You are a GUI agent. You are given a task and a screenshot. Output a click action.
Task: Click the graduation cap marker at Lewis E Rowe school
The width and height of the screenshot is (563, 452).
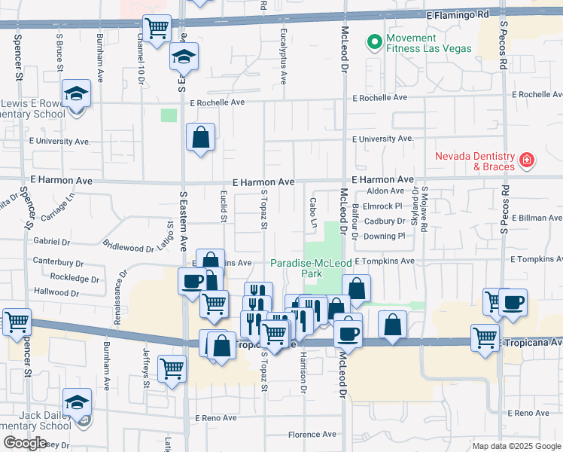[x=76, y=94]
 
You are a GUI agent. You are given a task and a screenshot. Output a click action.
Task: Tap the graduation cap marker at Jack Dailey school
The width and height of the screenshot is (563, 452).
[x=77, y=403]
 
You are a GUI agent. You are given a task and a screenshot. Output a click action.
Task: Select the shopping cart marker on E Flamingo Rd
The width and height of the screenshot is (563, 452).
[x=157, y=29]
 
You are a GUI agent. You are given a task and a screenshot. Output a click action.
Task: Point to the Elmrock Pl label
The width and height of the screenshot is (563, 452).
[x=384, y=206]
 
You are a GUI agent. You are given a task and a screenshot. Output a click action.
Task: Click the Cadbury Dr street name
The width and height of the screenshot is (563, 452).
[x=385, y=221]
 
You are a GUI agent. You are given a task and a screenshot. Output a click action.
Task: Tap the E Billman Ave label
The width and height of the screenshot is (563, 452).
[x=536, y=218]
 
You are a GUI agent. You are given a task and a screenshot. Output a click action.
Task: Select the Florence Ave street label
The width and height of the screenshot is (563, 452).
[x=312, y=435]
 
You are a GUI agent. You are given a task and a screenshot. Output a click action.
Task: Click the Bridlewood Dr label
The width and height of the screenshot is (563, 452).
[x=127, y=246]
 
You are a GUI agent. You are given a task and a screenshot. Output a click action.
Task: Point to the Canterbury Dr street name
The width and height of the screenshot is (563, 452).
[x=59, y=263]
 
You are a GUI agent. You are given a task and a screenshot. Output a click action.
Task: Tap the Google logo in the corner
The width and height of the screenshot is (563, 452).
[x=25, y=443]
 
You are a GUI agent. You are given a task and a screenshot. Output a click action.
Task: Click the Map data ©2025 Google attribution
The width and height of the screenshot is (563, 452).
[x=516, y=446]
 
